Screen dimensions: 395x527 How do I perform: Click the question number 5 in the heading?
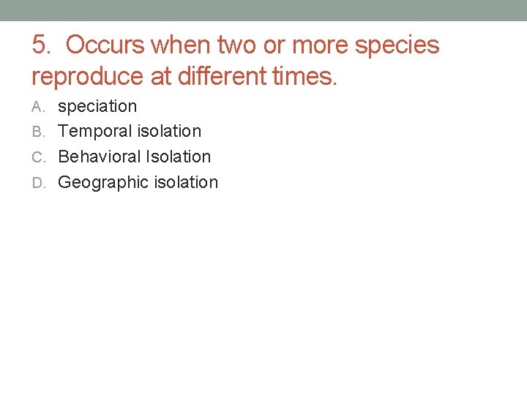coord(41,45)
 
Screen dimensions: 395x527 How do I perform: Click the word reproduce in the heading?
coord(83,75)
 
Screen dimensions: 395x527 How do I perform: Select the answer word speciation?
coord(97,107)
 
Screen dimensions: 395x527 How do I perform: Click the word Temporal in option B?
coord(90,132)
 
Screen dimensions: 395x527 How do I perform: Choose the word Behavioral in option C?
coord(100,157)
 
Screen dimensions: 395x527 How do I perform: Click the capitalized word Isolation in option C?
coord(179,157)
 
